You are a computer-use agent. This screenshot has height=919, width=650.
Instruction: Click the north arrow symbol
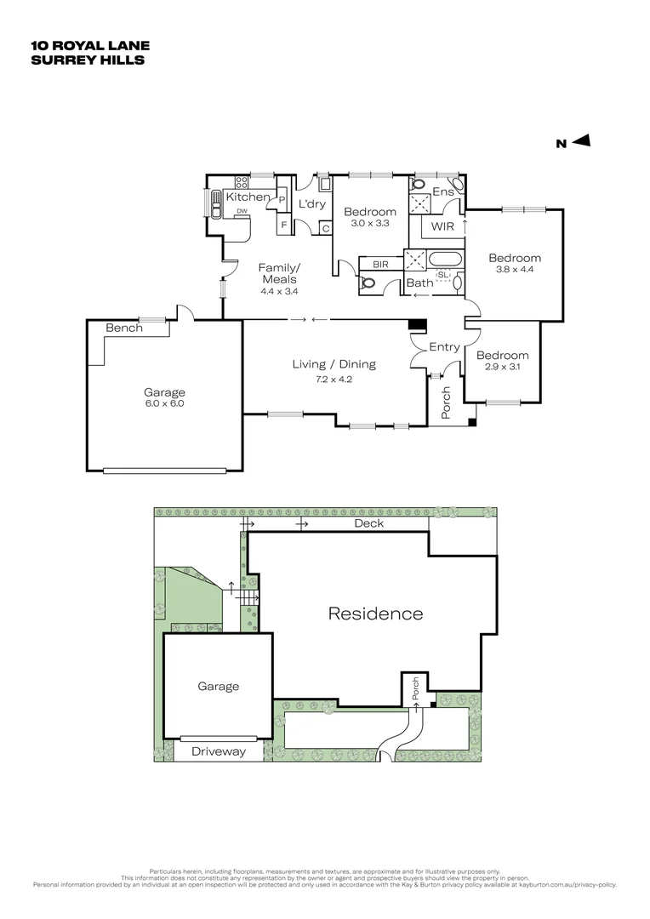click(x=581, y=142)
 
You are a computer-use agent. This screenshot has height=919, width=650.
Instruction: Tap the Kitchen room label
click(x=247, y=197)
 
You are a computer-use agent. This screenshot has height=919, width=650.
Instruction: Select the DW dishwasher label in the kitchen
click(x=242, y=211)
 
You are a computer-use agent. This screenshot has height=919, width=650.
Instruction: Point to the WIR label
click(x=442, y=226)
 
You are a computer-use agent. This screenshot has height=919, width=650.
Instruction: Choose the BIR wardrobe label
click(x=380, y=265)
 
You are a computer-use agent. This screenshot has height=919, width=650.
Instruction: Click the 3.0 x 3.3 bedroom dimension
click(x=370, y=224)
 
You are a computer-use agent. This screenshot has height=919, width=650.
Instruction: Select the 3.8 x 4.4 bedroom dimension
click(x=515, y=271)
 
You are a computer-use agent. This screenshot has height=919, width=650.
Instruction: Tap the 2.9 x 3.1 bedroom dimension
click(x=502, y=368)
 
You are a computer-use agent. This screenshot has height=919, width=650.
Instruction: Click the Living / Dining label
click(x=334, y=364)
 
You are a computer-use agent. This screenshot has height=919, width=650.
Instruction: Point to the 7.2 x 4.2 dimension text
click(x=334, y=379)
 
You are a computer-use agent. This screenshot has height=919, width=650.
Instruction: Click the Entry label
click(x=444, y=347)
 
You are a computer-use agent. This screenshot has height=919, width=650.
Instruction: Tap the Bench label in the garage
click(x=123, y=328)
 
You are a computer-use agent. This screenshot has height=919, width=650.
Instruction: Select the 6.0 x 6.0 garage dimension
click(x=164, y=404)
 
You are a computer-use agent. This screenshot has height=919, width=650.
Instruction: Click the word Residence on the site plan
click(x=375, y=613)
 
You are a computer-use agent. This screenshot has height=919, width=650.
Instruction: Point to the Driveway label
click(x=218, y=751)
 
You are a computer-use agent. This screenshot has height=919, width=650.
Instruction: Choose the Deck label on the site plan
click(x=368, y=523)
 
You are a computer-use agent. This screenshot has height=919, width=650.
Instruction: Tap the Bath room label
click(x=419, y=283)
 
